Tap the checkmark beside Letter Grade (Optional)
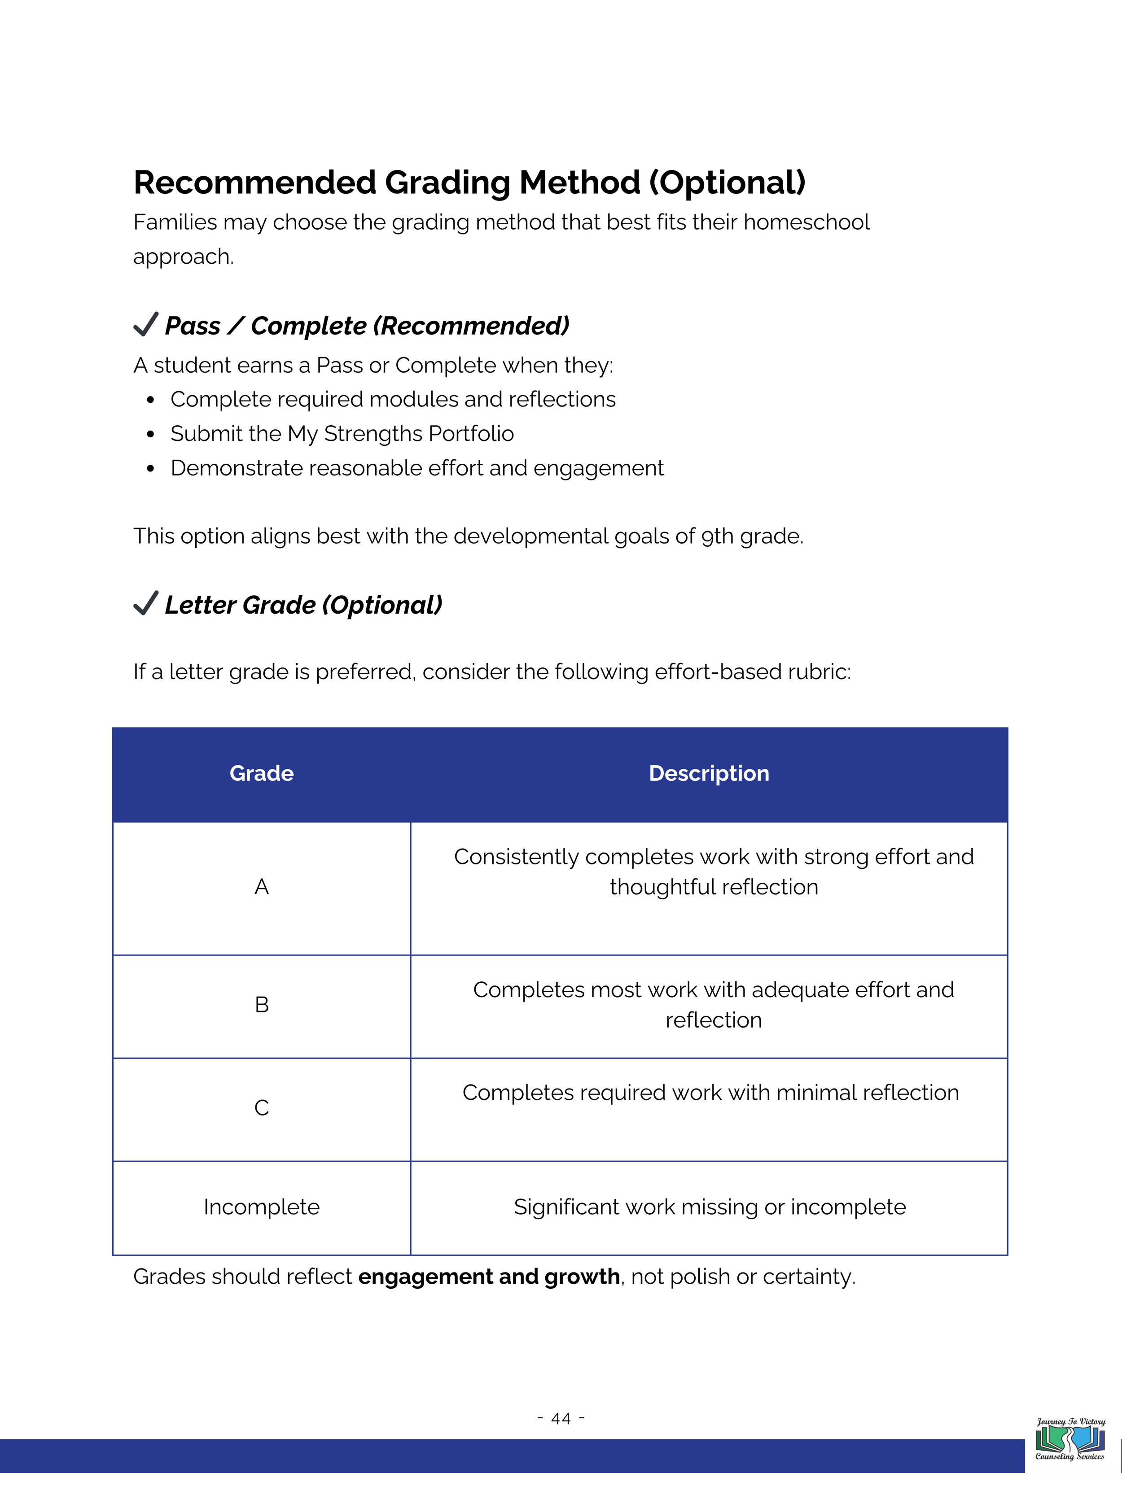coord(145,604)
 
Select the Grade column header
coord(261,773)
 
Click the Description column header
coord(709,773)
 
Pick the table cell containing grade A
coord(261,887)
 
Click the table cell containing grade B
coord(261,1005)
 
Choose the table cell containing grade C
coord(261,1108)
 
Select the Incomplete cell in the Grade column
coord(261,1207)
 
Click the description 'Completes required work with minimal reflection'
coord(710,1093)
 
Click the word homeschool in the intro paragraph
coord(806,222)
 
